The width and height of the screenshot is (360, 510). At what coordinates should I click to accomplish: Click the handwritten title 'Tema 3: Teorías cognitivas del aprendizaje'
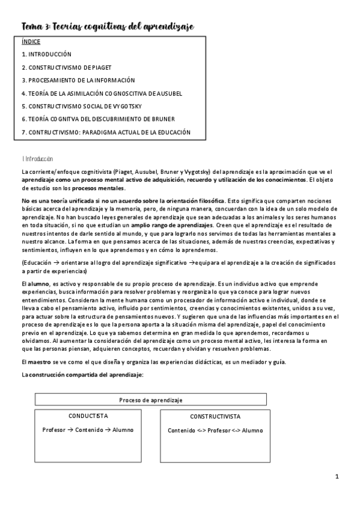coord(108,26)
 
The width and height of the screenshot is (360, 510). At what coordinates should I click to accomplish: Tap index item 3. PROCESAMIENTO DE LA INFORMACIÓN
coord(78,80)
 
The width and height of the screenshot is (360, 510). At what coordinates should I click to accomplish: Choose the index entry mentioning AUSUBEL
coord(102,93)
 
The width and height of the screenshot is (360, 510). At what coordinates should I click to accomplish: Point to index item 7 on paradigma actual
coord(106,132)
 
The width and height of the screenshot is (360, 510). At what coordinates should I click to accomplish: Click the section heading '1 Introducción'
coord(37,159)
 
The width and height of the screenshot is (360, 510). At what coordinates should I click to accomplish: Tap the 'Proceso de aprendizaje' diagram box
coord(151,399)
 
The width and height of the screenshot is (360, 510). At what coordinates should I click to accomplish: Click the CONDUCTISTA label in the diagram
coord(88,416)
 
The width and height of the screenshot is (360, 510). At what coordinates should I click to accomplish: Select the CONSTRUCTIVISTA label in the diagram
coord(215,416)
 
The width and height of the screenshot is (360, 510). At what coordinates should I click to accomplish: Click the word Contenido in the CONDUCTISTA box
coord(90,430)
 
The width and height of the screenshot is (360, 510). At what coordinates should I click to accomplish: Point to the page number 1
coord(338,477)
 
